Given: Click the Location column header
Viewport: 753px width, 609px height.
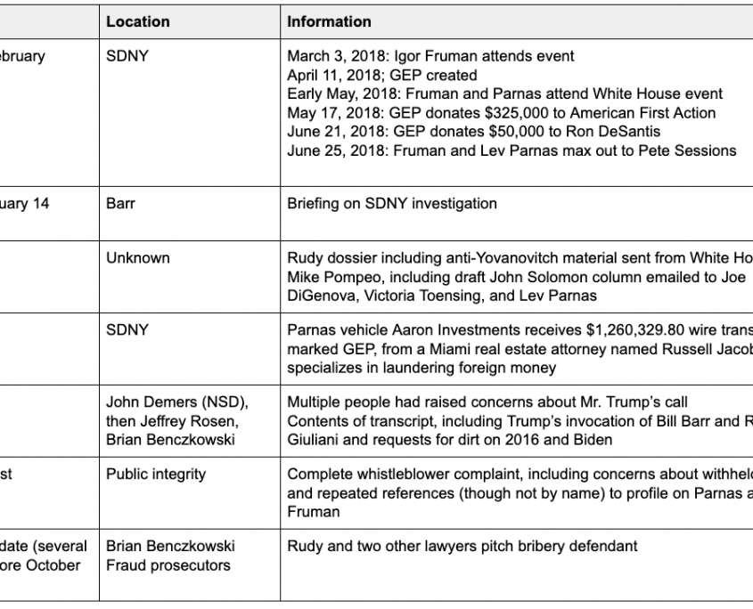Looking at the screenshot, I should tap(137, 21).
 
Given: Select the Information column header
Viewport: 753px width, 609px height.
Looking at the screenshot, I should tap(329, 21).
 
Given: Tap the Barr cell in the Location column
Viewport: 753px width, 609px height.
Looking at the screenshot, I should tap(120, 204).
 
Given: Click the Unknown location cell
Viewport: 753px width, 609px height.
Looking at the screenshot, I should tap(137, 258).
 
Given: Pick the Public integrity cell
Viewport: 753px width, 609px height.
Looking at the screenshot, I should tap(156, 475).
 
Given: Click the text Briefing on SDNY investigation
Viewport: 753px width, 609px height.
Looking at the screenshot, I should tap(392, 204).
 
